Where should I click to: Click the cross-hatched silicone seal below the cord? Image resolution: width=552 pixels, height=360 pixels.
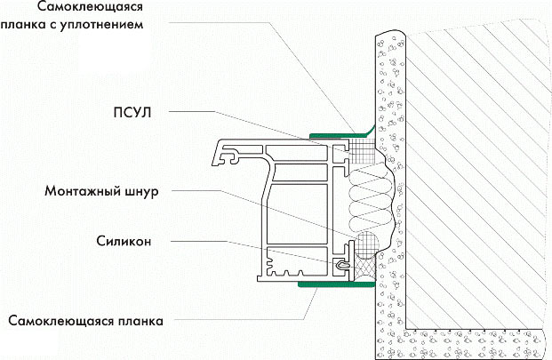(364, 265)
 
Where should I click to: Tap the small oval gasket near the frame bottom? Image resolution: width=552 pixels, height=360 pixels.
(344, 263)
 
